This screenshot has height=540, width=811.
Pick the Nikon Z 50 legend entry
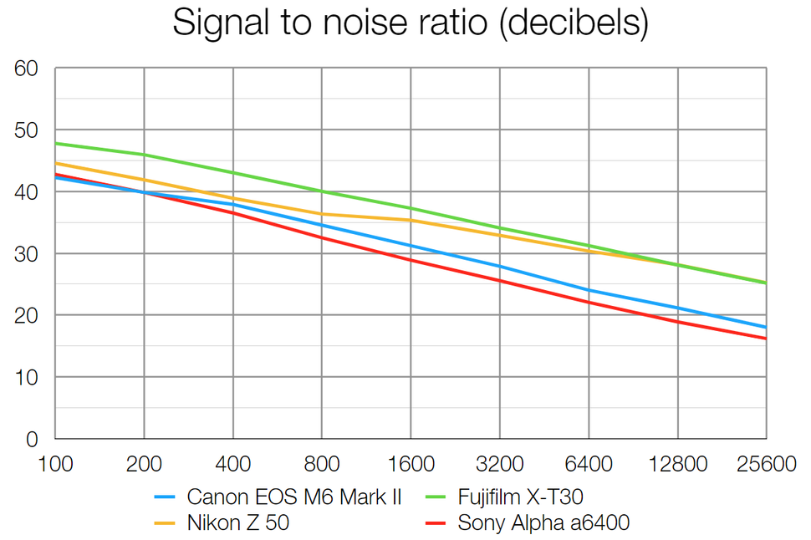click(238, 524)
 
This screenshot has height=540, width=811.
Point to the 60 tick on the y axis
click(28, 69)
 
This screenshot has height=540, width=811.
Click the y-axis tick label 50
click(28, 130)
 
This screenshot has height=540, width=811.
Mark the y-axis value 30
click(28, 254)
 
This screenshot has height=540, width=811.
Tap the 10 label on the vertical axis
click(28, 377)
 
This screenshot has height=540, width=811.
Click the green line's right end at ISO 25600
click(765, 283)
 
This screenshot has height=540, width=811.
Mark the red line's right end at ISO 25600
click(765, 339)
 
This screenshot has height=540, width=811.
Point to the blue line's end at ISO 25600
click(765, 327)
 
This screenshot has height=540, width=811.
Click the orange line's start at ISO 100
click(56, 163)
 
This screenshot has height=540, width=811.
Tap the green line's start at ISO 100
click(56, 143)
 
